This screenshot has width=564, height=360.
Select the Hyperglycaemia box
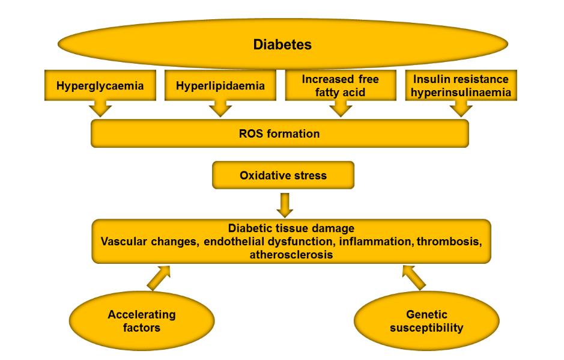tap(100, 86)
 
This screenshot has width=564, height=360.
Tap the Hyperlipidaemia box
tap(220, 86)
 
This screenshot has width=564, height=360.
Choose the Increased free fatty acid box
tap(341, 85)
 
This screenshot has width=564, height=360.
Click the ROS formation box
tap(279, 133)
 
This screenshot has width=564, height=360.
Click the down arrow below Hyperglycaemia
tap(100, 108)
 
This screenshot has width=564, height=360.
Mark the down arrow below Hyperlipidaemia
tap(220, 108)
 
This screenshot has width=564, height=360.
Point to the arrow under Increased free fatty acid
tap(341, 108)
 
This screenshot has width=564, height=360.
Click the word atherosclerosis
tap(291, 255)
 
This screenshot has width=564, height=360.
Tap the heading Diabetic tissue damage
tap(291, 228)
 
